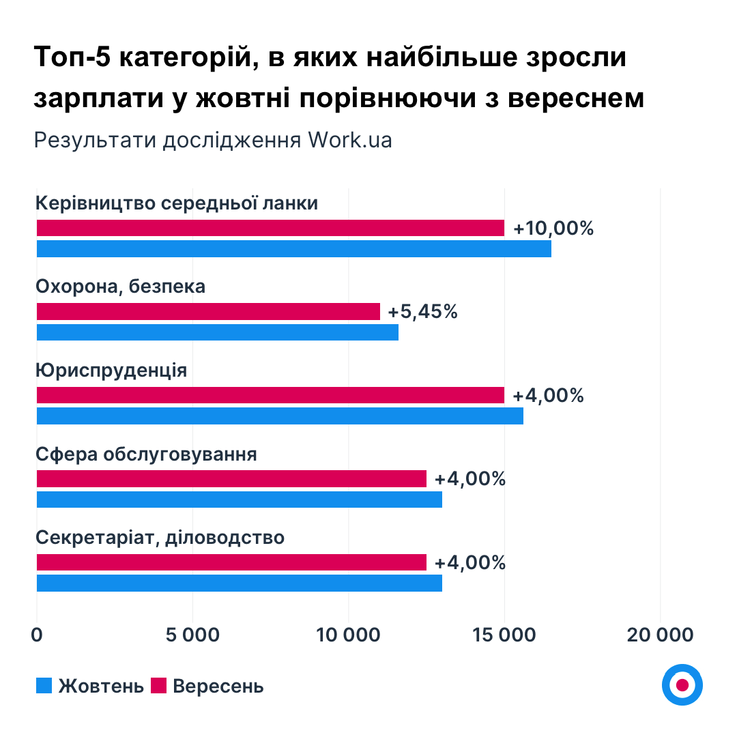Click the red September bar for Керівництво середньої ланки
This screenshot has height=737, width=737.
click(x=270, y=228)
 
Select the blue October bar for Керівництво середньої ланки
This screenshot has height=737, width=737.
click(x=293, y=249)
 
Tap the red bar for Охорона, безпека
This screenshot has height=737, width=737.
click(x=208, y=312)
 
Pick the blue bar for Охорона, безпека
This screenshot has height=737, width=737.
click(x=217, y=332)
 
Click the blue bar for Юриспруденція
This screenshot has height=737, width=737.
click(x=280, y=416)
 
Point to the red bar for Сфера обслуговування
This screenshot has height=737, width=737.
click(x=231, y=479)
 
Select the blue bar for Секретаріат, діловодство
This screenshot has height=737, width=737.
click(x=239, y=583)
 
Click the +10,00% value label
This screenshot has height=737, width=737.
click(x=553, y=228)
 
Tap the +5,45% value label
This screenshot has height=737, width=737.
click(x=422, y=312)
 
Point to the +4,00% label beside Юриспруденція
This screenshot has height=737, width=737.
click(x=548, y=395)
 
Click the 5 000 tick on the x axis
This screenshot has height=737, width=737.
click(x=192, y=635)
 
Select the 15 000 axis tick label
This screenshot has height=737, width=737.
click(x=504, y=635)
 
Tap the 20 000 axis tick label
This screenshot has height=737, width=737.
click(x=660, y=635)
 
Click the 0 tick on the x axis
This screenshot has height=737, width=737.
click(x=37, y=635)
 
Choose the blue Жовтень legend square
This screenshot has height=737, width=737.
click(x=44, y=685)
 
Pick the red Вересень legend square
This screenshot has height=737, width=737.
click(x=158, y=685)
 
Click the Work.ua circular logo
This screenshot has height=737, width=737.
click(x=682, y=684)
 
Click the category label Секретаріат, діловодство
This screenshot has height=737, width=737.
click(x=160, y=538)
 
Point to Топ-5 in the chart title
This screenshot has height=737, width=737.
click(x=71, y=59)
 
